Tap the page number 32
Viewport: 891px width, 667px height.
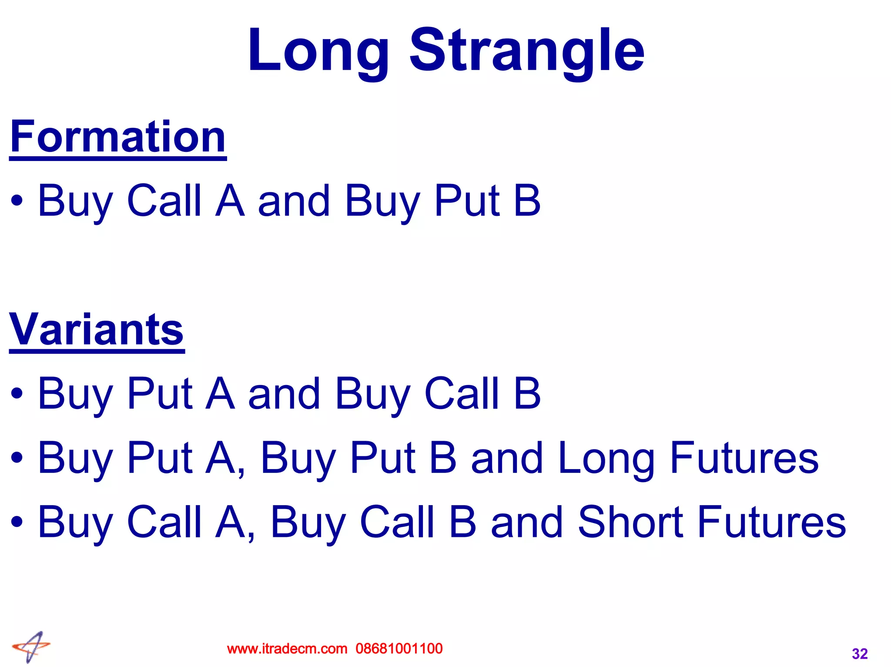point(860,654)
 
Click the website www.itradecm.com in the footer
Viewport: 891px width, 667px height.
point(287,649)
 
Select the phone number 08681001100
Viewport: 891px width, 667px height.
point(399,649)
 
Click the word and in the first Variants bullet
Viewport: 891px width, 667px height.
point(284,393)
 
